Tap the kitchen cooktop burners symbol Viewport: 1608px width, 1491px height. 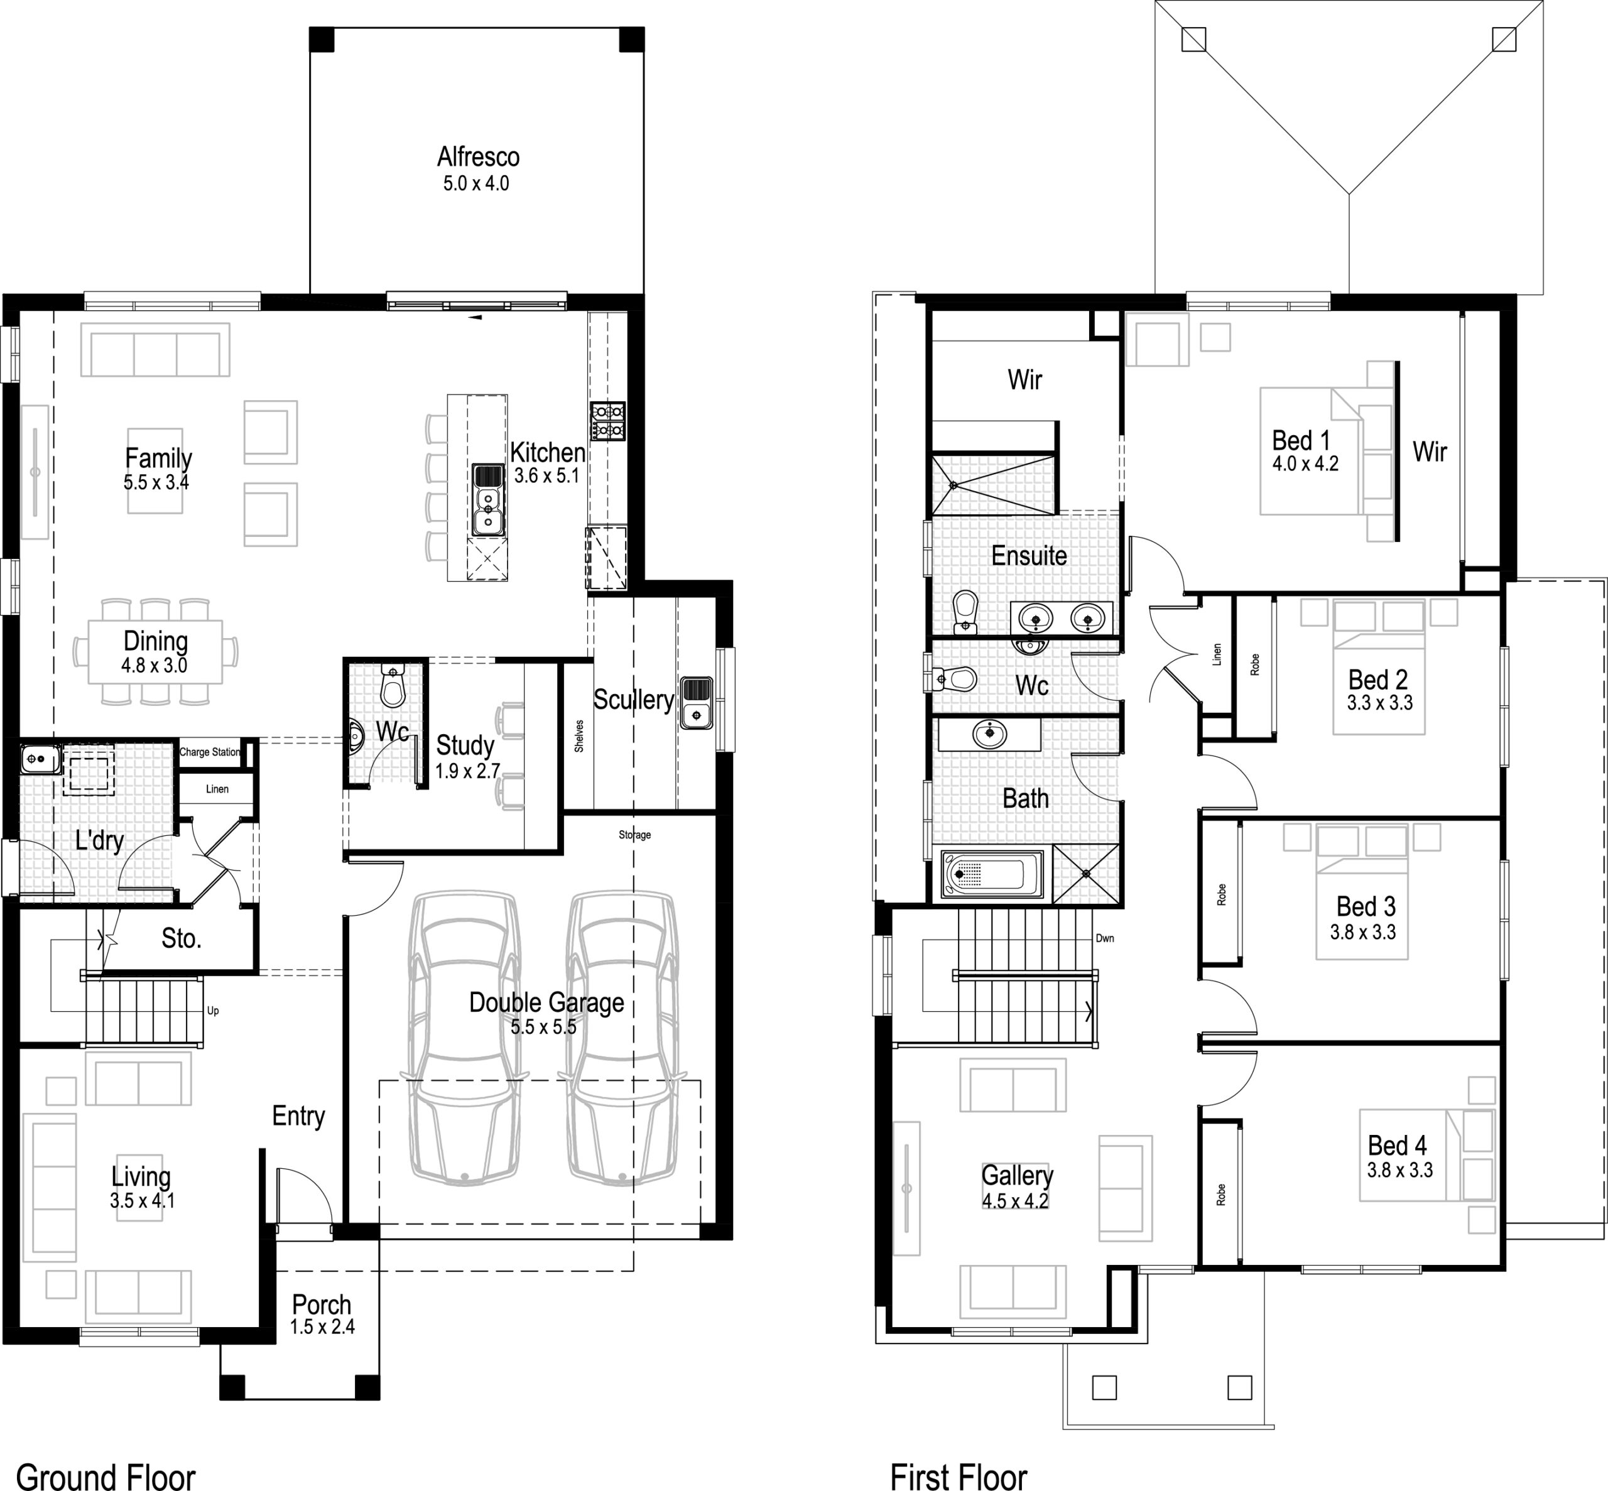607,421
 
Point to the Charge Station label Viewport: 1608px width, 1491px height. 210,752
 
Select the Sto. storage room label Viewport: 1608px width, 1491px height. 181,938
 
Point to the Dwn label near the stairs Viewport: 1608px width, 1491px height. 1104,938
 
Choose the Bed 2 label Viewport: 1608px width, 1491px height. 1377,680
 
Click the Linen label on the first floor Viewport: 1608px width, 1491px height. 1217,654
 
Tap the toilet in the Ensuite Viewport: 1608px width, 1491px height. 965,613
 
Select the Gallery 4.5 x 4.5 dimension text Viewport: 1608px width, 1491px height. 1015,1201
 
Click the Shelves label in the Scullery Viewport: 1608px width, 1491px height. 579,736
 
